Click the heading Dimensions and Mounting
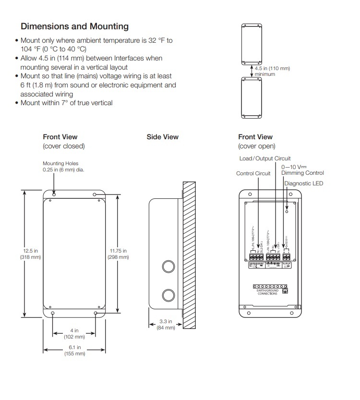click(74, 26)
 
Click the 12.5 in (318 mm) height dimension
click(31, 254)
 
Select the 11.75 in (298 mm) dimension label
click(118, 254)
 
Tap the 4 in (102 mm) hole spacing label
click(74, 334)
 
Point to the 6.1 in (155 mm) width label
click(74, 351)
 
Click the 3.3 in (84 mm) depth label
click(167, 324)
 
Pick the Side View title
click(162, 137)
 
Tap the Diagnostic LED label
click(304, 183)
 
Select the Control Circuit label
click(253, 173)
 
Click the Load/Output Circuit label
click(265, 158)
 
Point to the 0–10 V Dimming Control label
click(302, 170)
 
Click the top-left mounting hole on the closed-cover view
click(53, 194)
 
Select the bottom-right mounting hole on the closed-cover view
click(96, 314)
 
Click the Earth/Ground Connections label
click(267, 292)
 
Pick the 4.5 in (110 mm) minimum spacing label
click(272, 71)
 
